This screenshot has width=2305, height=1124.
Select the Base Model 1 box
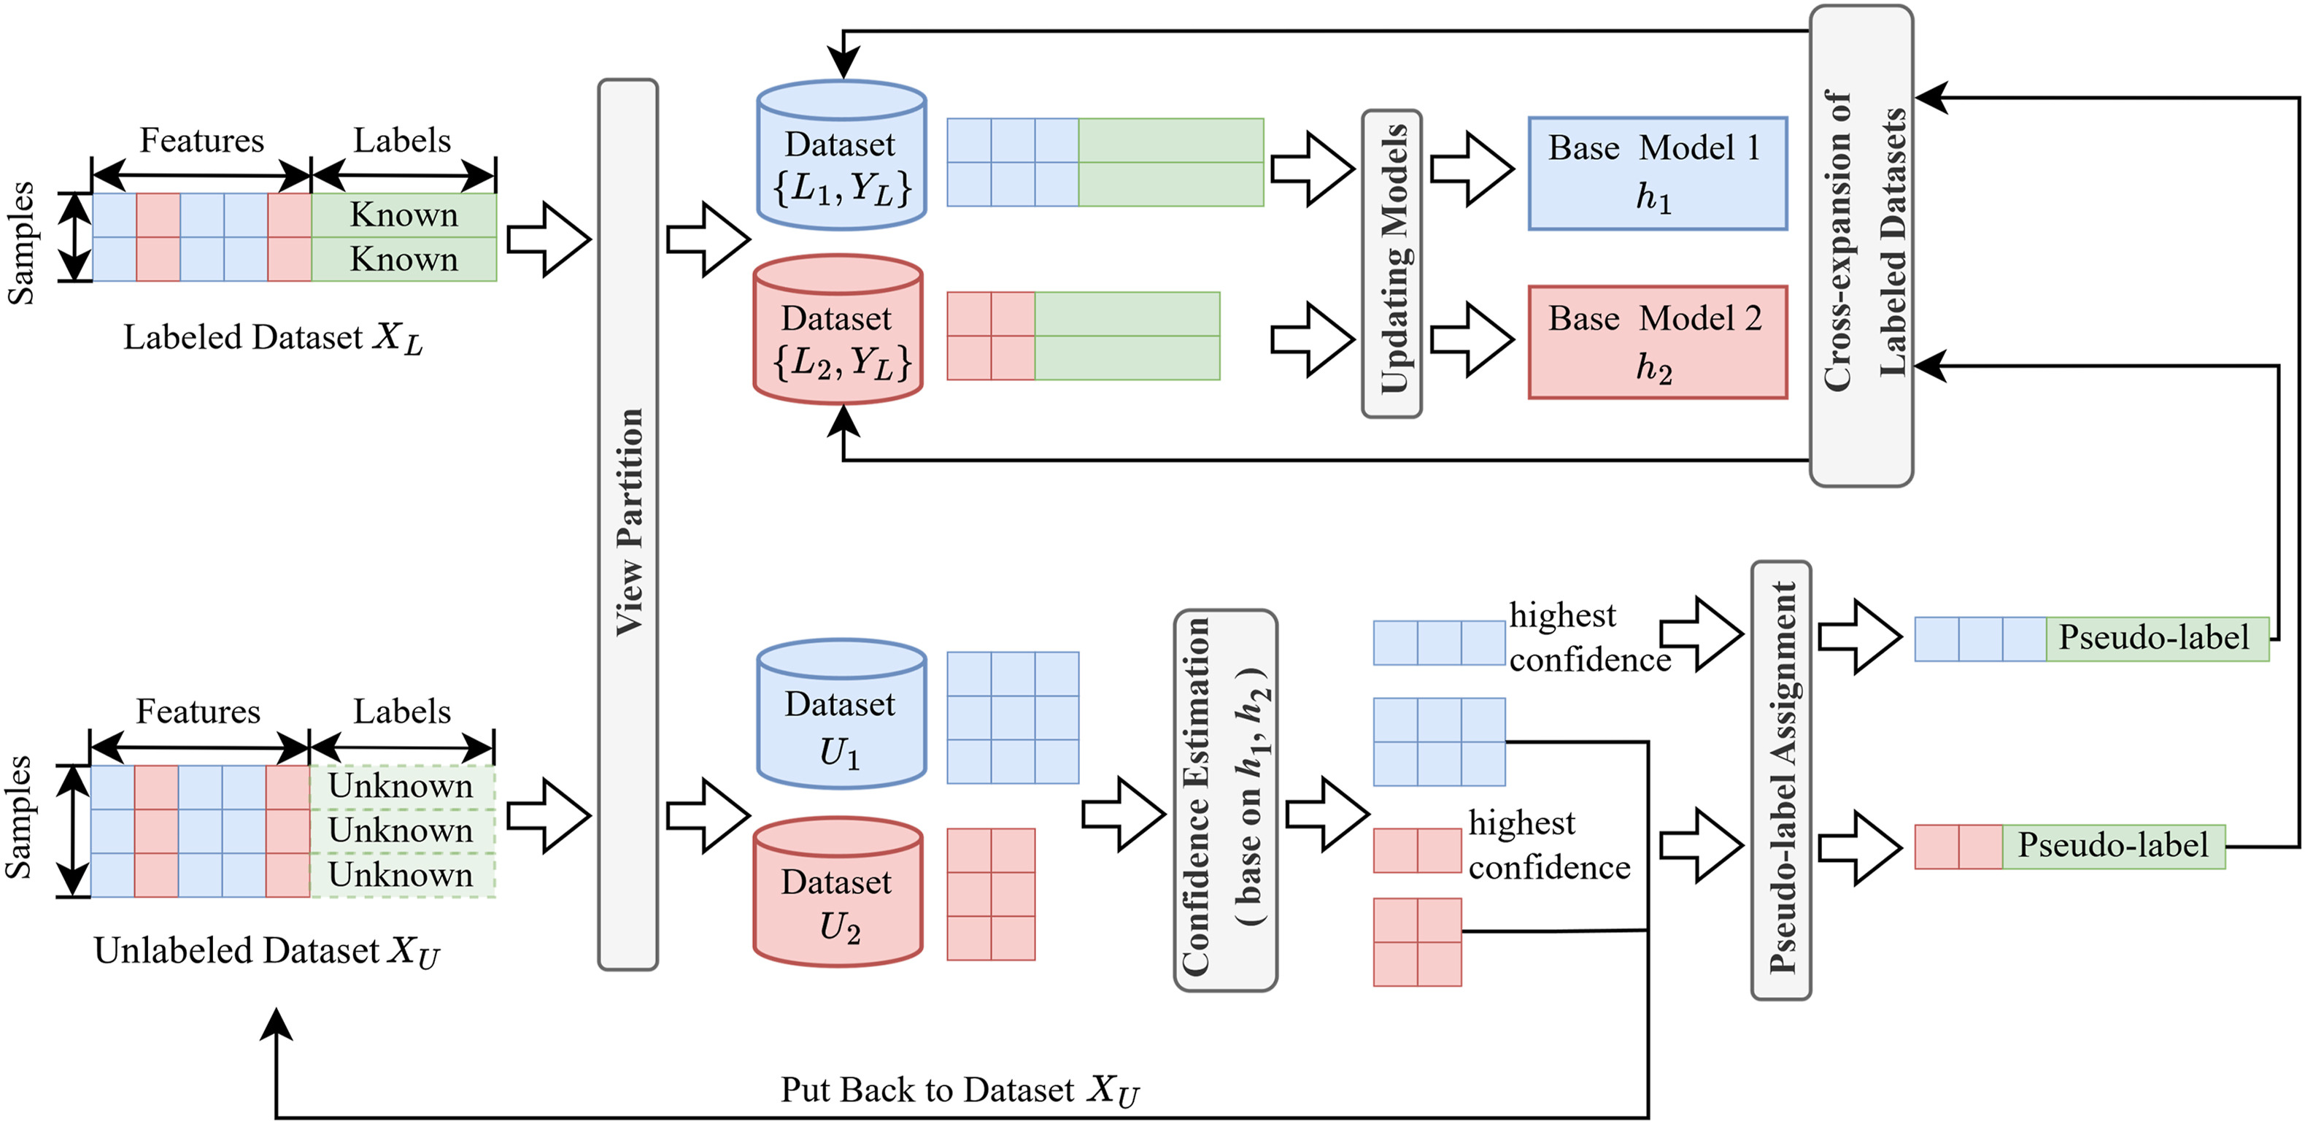point(1657,173)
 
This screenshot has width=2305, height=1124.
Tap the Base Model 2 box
point(1657,342)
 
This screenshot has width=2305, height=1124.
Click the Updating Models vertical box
point(1391,263)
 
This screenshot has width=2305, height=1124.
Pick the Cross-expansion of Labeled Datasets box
point(1861,246)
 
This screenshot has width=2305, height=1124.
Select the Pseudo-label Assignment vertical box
point(1780,780)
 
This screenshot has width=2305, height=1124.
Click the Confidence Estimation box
point(1225,800)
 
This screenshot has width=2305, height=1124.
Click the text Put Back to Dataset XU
point(960,1090)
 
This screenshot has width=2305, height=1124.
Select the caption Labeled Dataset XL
point(272,338)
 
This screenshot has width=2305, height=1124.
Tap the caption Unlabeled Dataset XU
point(266,950)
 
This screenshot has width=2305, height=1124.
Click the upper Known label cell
point(404,215)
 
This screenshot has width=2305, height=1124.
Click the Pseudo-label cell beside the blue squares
point(2156,638)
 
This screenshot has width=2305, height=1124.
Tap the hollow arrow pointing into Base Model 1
point(1471,169)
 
